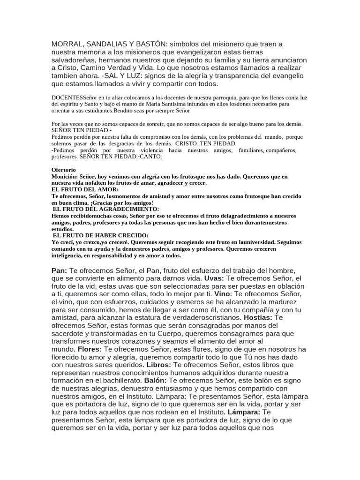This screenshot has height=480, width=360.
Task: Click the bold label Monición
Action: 64,176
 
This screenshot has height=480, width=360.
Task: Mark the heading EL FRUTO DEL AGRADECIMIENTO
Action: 106,209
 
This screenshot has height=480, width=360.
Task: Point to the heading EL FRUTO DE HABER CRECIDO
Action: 101,235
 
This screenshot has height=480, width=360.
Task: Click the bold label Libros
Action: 158,365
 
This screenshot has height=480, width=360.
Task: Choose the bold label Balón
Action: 155,380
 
